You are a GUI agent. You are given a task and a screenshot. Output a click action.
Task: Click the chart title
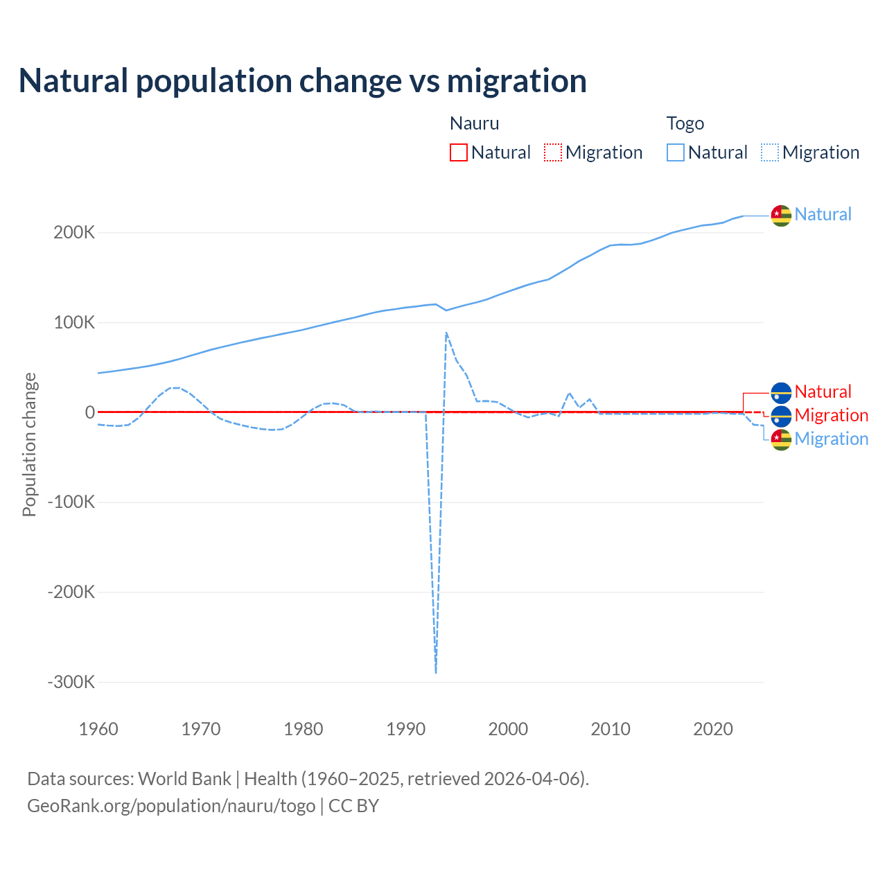[x=302, y=80]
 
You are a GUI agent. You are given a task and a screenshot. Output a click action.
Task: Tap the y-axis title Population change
[x=29, y=444]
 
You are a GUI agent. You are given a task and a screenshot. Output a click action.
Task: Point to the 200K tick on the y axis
[x=74, y=233]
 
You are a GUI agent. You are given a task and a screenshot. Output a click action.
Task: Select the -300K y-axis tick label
[x=71, y=682]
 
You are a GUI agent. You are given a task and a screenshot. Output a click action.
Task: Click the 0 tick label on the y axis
[x=90, y=412]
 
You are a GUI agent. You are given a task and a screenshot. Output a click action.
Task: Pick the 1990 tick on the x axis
[x=405, y=729]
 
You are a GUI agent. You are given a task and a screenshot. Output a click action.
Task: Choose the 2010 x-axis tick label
[x=611, y=729]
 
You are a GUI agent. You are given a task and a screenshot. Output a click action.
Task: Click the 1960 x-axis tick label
[x=98, y=729]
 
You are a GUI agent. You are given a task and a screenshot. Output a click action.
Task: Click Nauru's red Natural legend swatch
[x=459, y=152]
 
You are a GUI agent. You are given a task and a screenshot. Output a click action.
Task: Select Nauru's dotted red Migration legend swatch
[x=553, y=152]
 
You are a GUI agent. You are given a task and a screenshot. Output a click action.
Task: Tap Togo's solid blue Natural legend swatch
[x=676, y=152]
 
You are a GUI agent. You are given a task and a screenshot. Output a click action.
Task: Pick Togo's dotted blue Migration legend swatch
[x=770, y=152]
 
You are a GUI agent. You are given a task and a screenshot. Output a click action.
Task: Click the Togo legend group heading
[x=685, y=123]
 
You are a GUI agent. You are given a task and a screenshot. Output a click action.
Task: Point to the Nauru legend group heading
[x=475, y=123]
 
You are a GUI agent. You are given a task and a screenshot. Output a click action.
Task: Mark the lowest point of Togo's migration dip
[x=436, y=672]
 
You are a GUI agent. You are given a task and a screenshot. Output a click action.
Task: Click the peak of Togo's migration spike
[x=446, y=333]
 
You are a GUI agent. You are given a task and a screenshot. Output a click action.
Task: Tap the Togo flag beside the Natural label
[x=781, y=216]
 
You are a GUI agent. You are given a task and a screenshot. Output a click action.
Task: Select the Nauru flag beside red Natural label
[x=781, y=393]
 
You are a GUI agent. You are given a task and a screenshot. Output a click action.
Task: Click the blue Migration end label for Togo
[x=832, y=439]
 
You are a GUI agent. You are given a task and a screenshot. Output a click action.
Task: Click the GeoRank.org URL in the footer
[x=171, y=806]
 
